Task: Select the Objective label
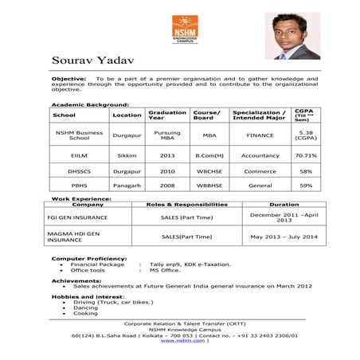coord(68,80)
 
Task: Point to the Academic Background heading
coord(89,104)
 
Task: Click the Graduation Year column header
coord(167,115)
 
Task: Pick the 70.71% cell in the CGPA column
coord(306,155)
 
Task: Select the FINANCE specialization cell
coord(260,135)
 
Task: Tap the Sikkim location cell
coord(127,155)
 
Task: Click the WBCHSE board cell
coord(209,170)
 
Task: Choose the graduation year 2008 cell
coord(167,185)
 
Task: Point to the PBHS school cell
coord(79,185)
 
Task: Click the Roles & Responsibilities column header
coord(187,205)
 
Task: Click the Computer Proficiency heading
coord(88,258)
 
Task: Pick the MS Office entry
coord(165,270)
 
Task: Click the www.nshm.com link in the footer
coord(182,341)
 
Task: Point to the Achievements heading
coord(76,280)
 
